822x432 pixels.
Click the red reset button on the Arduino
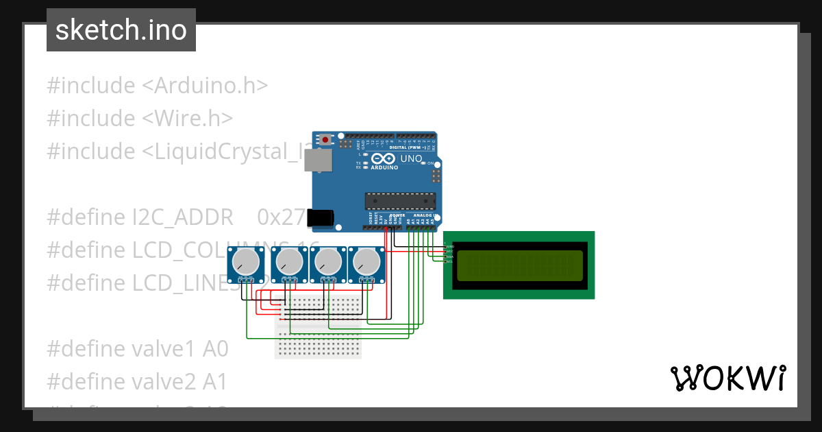[325, 140]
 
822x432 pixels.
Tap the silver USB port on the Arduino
[319, 160]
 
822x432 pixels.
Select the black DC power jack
[320, 217]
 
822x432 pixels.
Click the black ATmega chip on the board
[400, 200]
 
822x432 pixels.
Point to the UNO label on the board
[411, 159]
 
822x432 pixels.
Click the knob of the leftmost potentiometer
[245, 261]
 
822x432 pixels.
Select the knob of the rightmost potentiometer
[366, 261]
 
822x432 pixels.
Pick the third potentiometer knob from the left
[327, 261]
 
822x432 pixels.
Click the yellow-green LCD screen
[519, 265]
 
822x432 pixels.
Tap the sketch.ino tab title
[121, 30]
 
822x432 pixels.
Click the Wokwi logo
[727, 378]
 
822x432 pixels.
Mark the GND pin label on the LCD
[450, 245]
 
